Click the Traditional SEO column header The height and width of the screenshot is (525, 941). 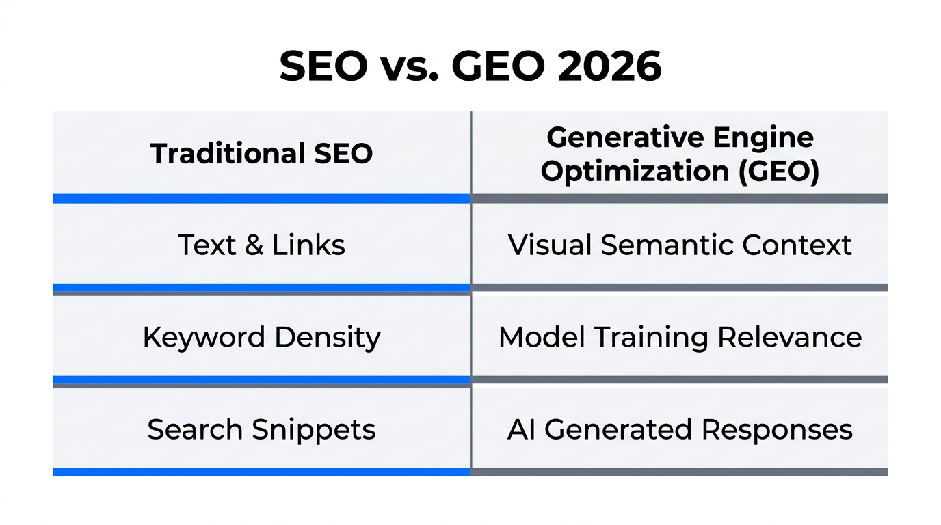pyautogui.click(x=261, y=153)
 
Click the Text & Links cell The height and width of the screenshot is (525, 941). pyautogui.click(x=261, y=245)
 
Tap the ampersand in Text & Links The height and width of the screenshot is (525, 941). pyautogui.click(x=253, y=245)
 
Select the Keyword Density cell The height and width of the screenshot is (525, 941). pyautogui.click(x=261, y=337)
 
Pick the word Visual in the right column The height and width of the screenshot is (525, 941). pyautogui.click(x=550, y=245)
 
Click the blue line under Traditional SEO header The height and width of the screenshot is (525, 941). pyautogui.click(x=261, y=198)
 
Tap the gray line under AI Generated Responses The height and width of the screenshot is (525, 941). pyautogui.click(x=679, y=472)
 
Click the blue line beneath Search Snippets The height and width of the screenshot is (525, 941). pyautogui.click(x=261, y=472)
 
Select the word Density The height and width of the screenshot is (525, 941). pyautogui.click(x=327, y=337)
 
